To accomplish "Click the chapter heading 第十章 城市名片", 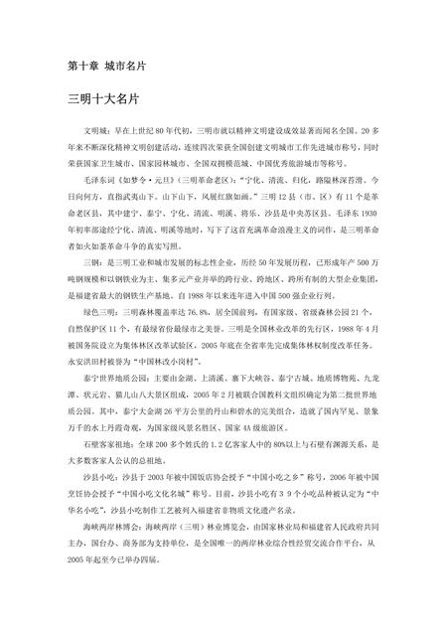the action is pos(106,67).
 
